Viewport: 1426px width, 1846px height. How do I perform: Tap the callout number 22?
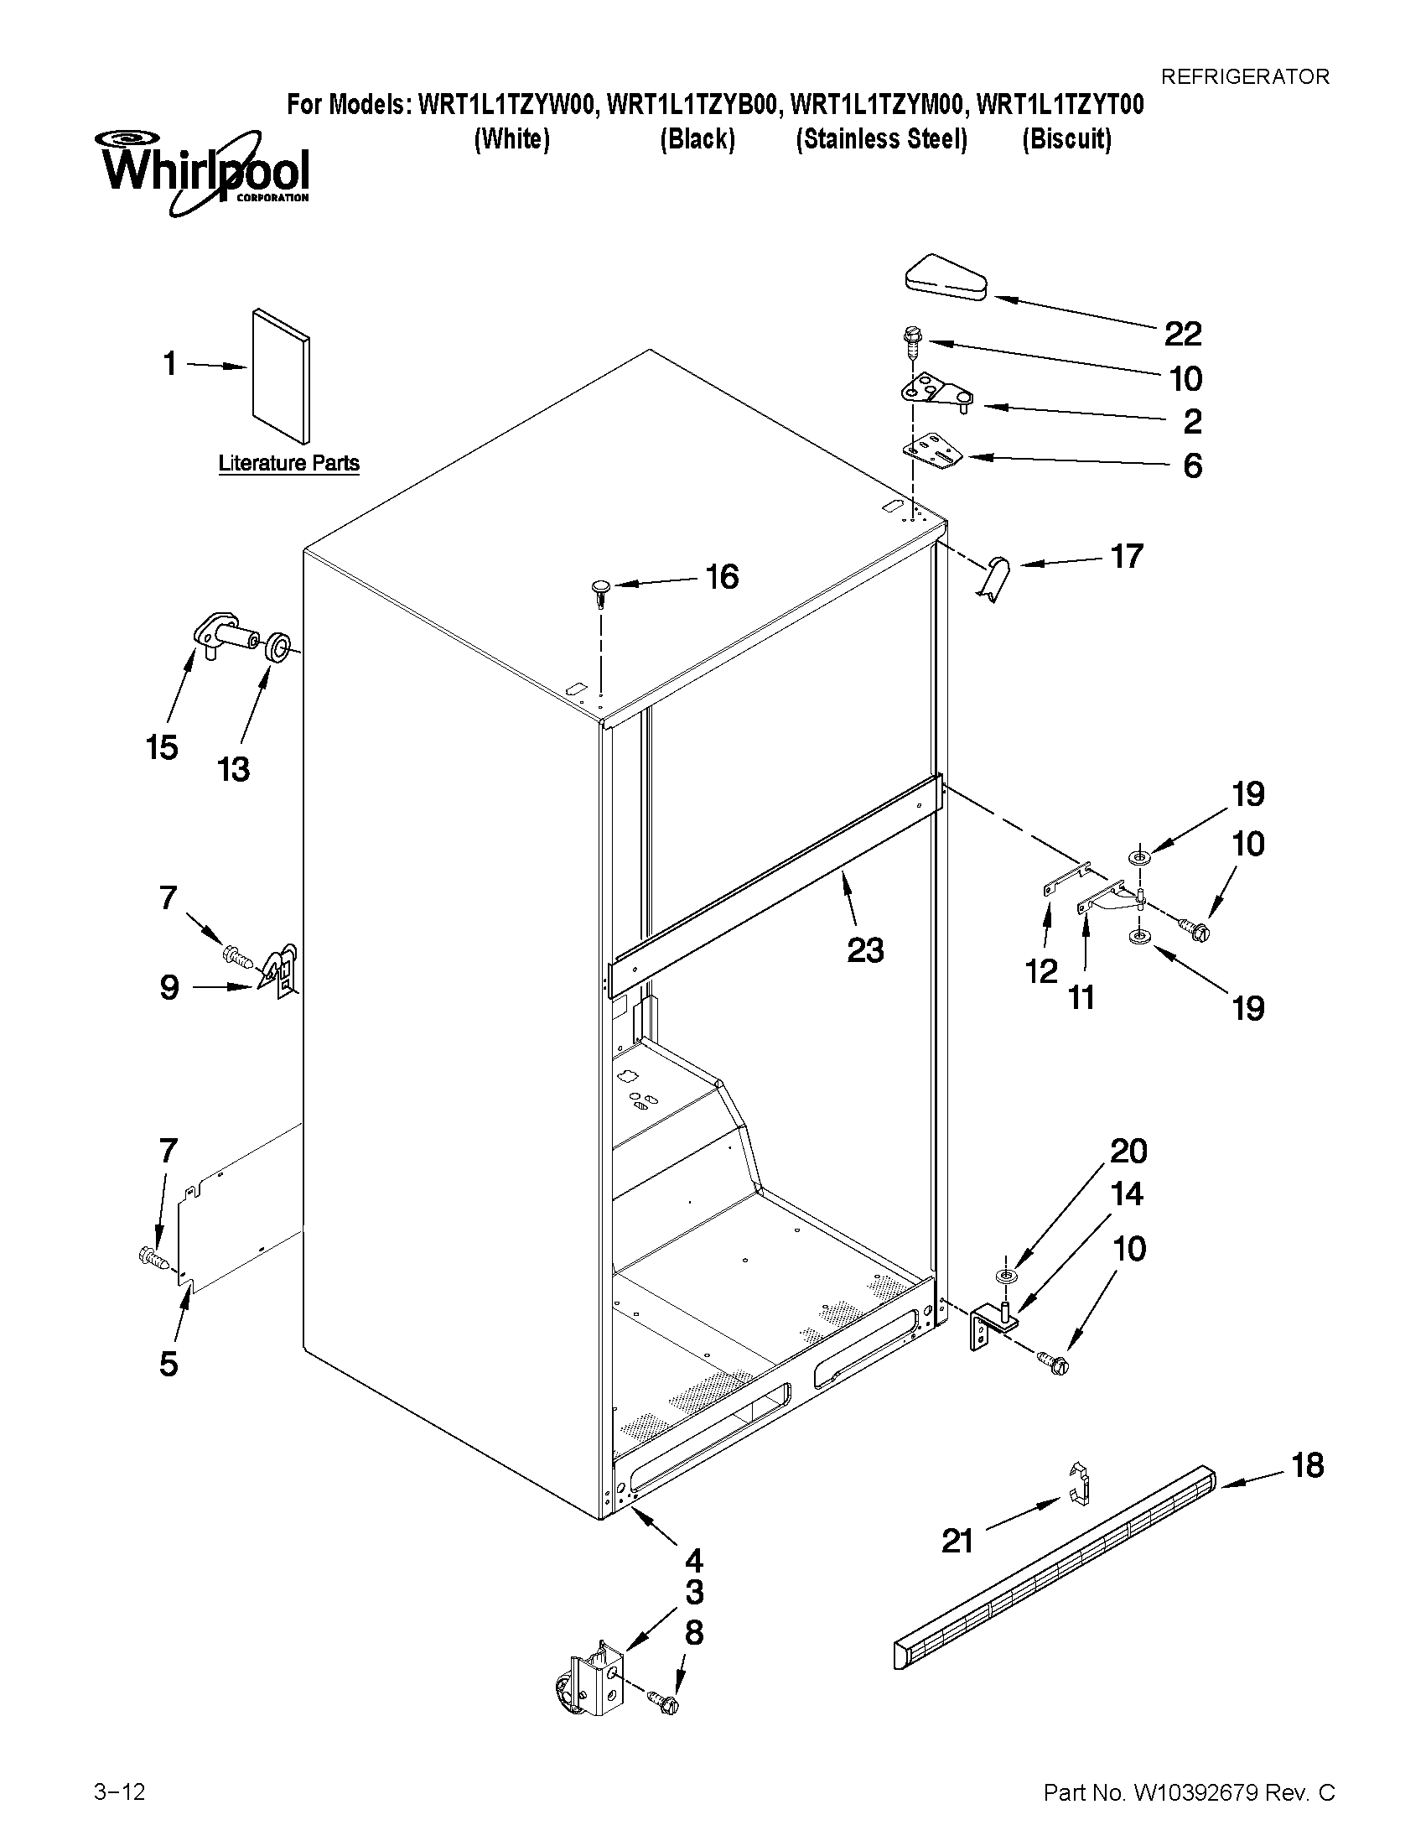(x=1182, y=335)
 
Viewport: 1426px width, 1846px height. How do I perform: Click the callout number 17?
(x=1126, y=556)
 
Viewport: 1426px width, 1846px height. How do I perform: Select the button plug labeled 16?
(x=600, y=589)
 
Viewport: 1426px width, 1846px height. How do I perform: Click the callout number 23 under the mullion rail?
(x=865, y=950)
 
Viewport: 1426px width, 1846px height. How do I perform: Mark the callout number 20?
(x=1128, y=1152)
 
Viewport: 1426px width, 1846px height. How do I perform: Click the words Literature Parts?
(x=289, y=463)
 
